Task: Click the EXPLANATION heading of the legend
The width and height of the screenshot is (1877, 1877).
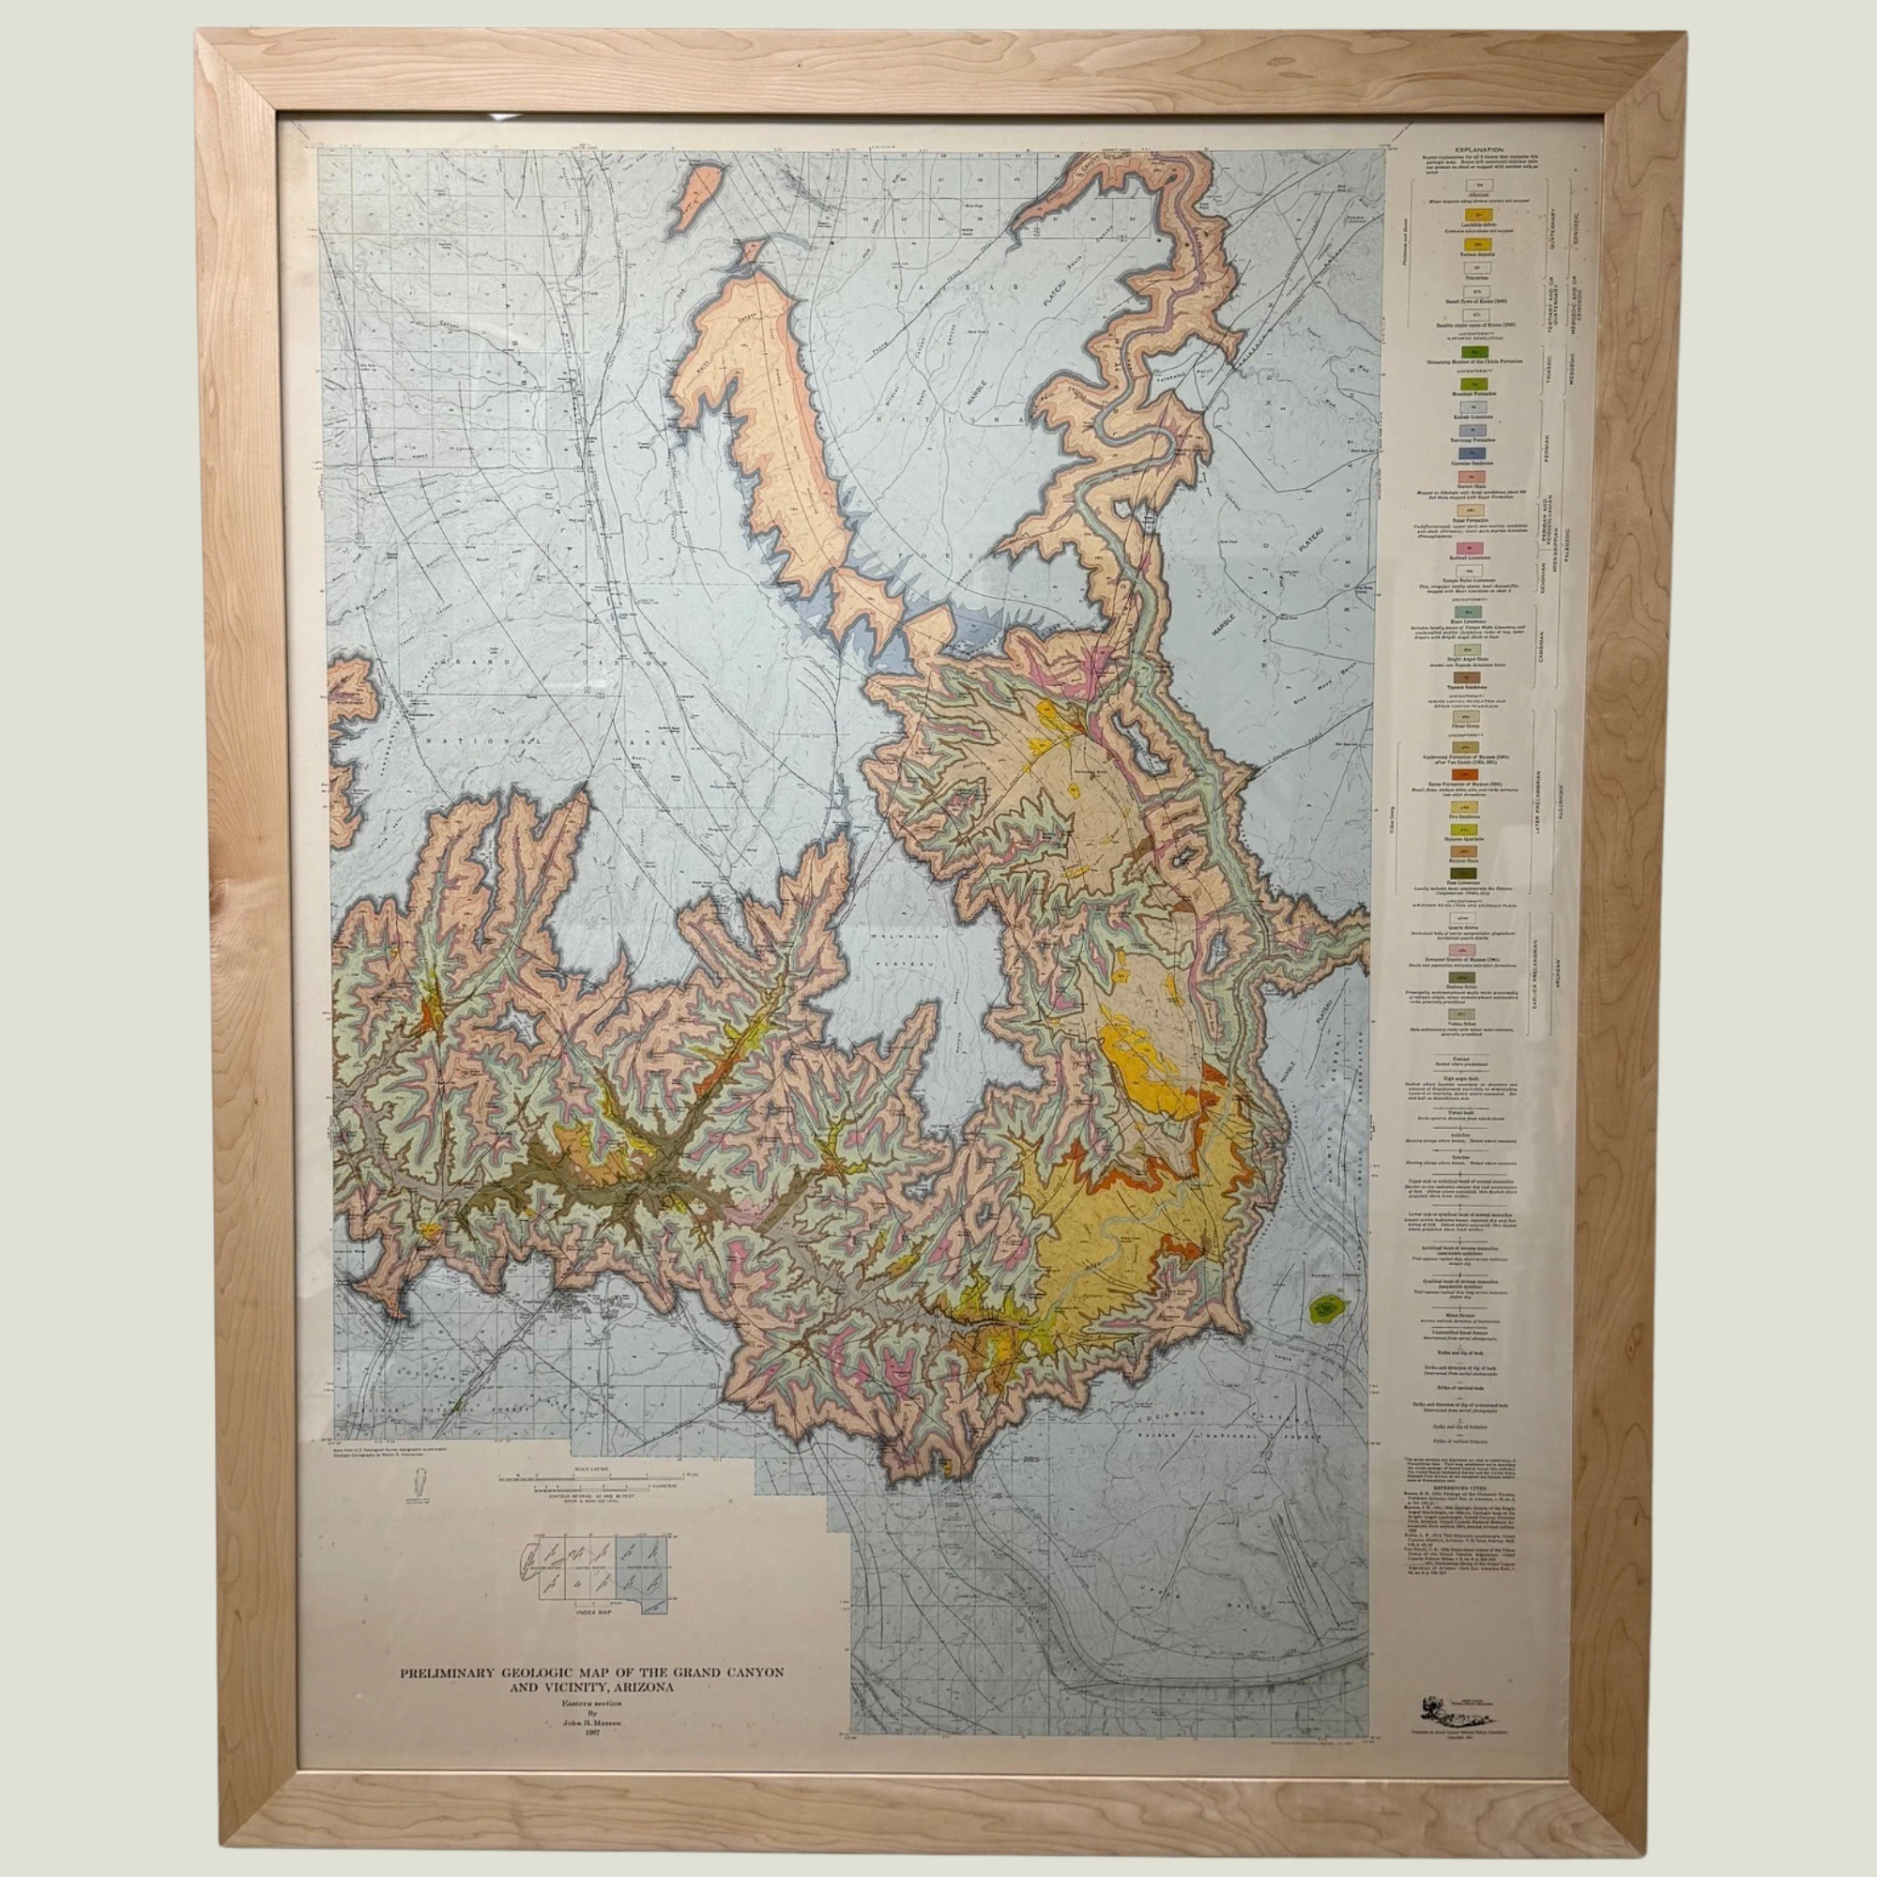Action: (x=1480, y=150)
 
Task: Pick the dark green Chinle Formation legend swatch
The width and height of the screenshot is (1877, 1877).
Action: (x=1474, y=352)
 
